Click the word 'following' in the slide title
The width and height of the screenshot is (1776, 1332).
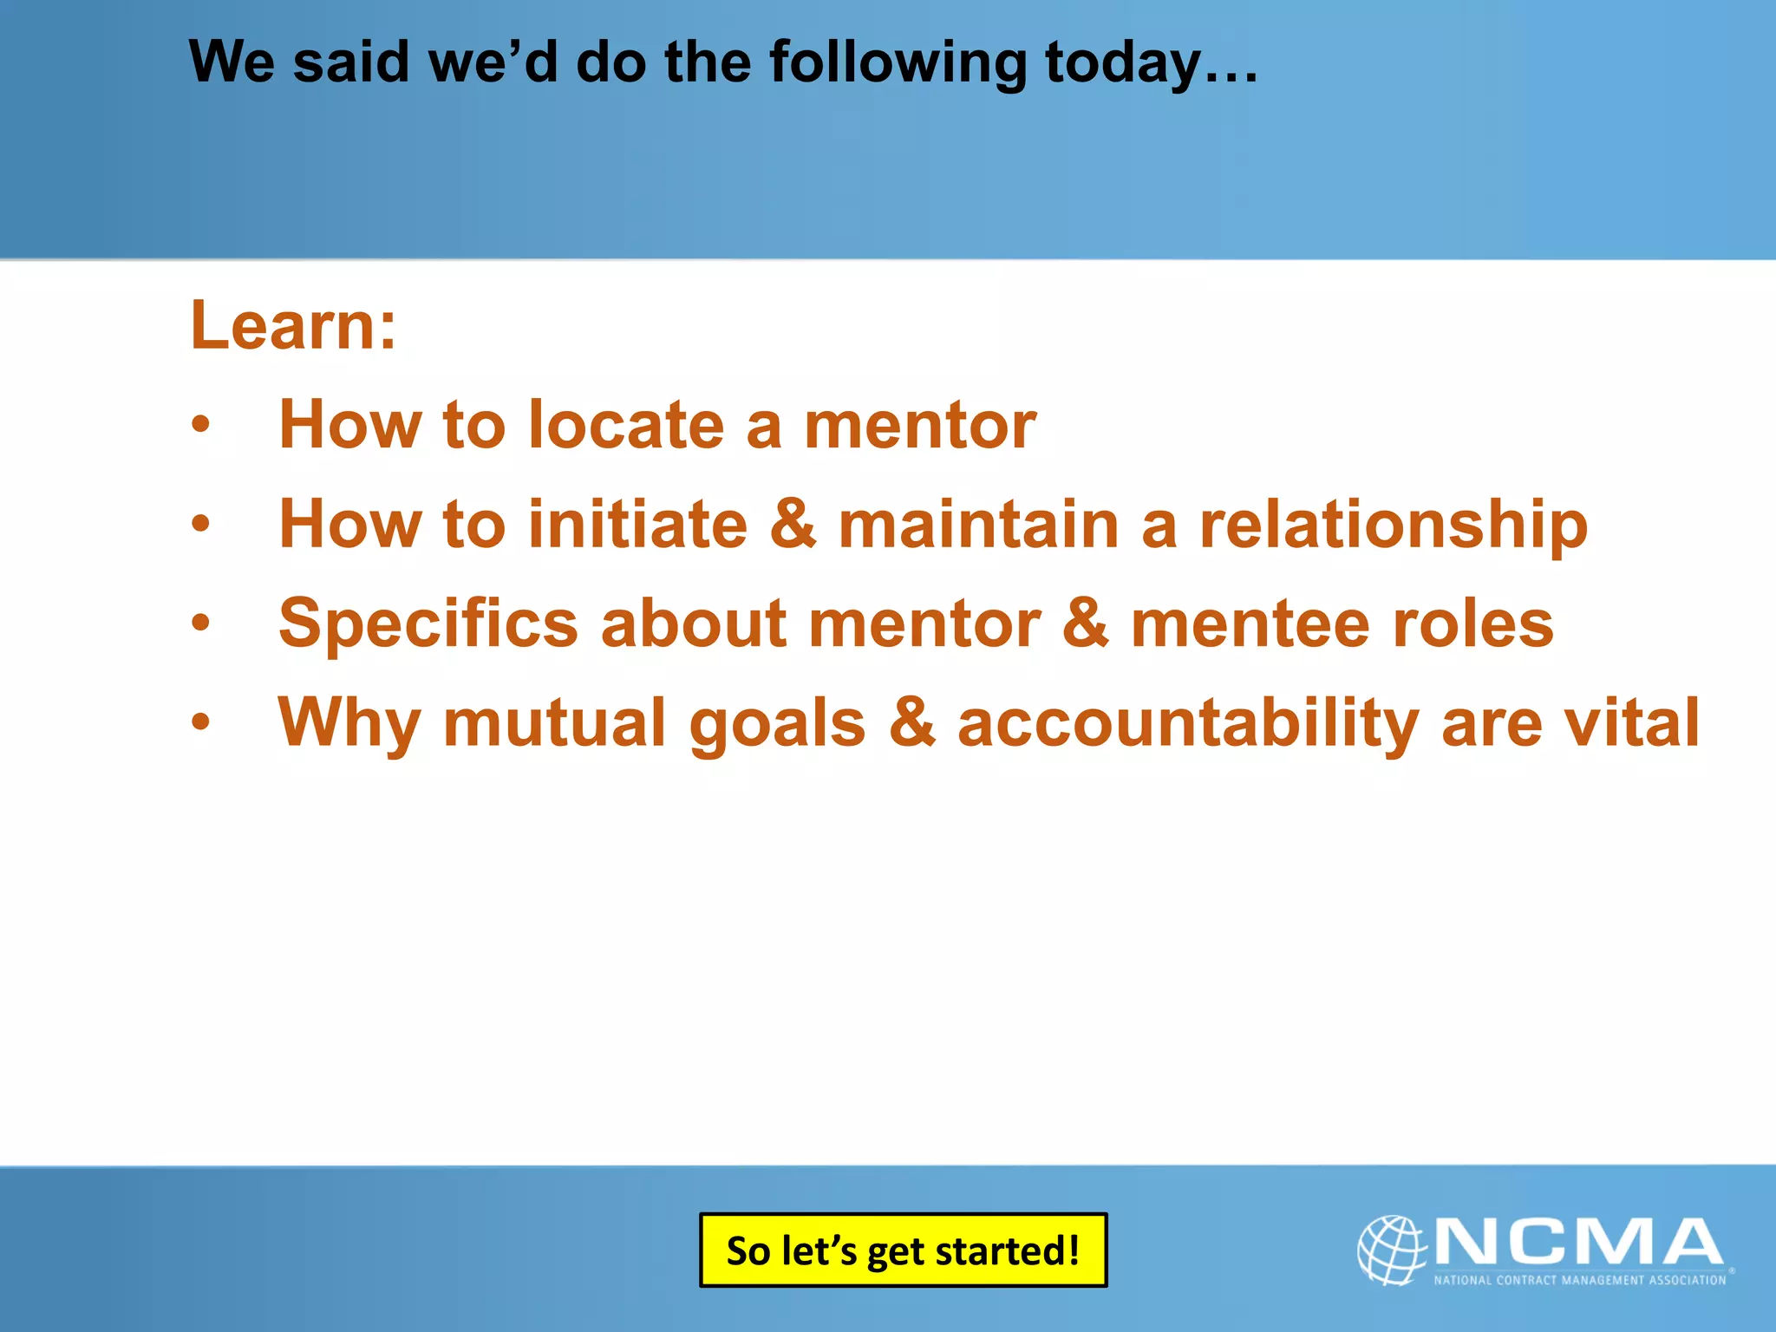click(x=897, y=64)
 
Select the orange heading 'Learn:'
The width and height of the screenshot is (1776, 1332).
click(x=293, y=325)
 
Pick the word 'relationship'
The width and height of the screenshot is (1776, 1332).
click(x=1393, y=526)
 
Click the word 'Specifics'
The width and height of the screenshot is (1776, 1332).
click(x=428, y=624)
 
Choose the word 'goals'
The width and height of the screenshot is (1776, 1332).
click(x=777, y=725)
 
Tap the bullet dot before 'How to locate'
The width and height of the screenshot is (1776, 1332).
click(x=200, y=425)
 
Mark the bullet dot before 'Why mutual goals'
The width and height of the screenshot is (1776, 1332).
click(x=200, y=721)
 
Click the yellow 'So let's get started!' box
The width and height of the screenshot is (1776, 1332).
click(x=903, y=1250)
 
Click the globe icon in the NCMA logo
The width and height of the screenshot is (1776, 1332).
click(x=1391, y=1249)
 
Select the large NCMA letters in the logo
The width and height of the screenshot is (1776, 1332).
click(x=1578, y=1242)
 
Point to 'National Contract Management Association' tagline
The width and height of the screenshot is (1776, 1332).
click(x=1579, y=1280)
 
